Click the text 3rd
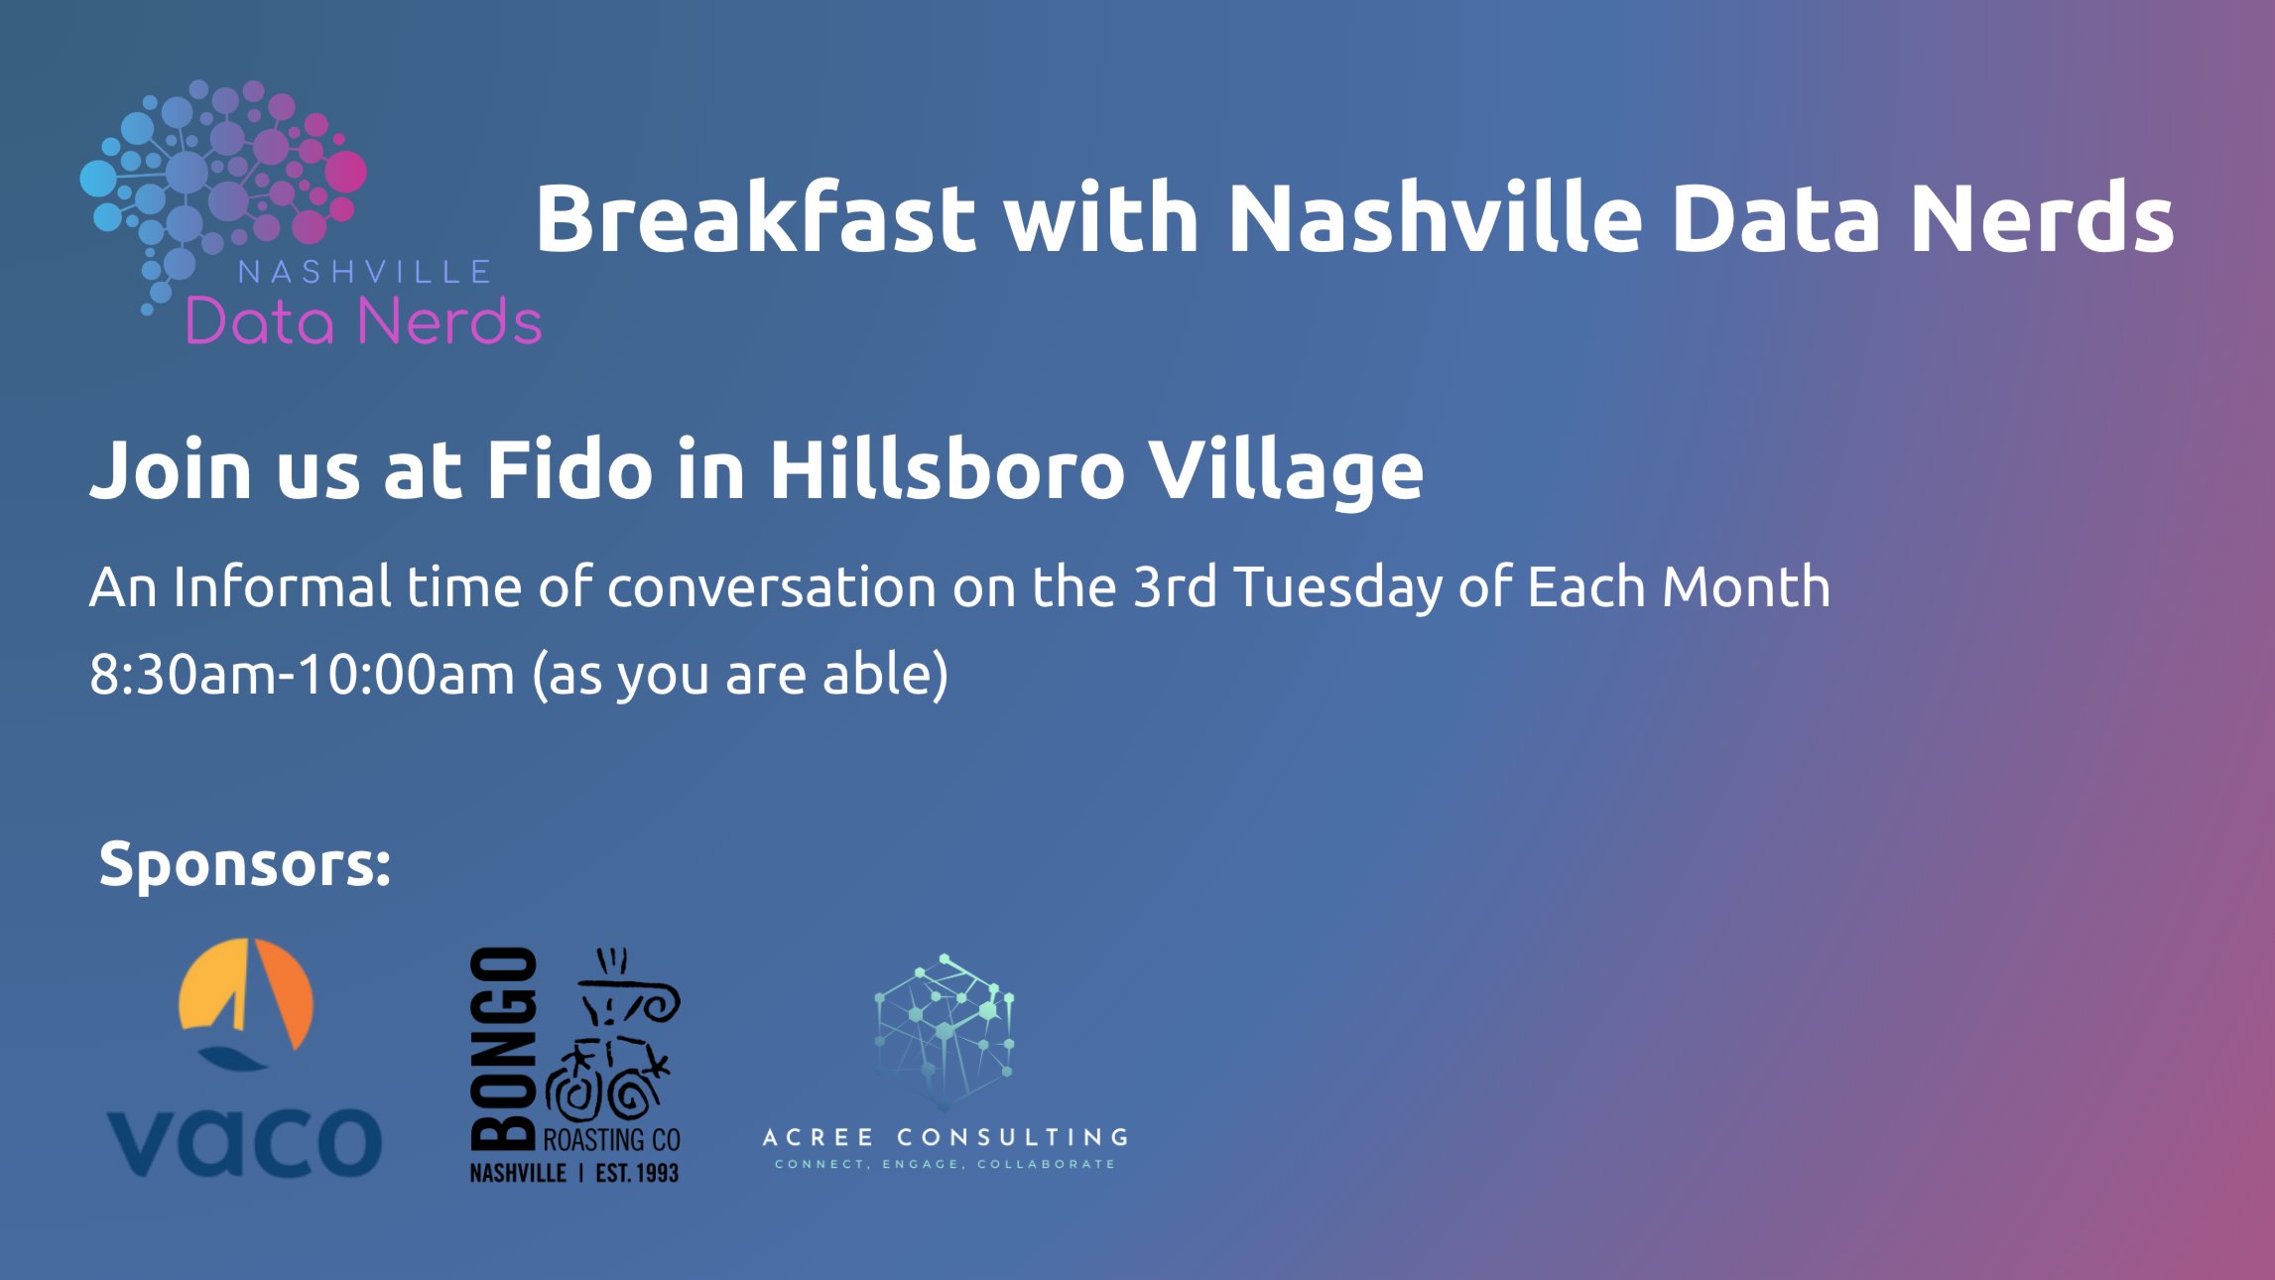pyautogui.click(x=1175, y=586)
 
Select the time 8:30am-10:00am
pyautogui.click(x=303, y=674)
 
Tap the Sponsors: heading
pyautogui.click(x=245, y=863)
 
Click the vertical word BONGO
pyautogui.click(x=504, y=1049)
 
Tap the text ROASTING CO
pyautogui.click(x=611, y=1140)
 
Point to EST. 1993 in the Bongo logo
pyautogui.click(x=637, y=1173)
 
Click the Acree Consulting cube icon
pyautogui.click(x=945, y=1032)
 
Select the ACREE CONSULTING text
pyautogui.click(x=946, y=1137)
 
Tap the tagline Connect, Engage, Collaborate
pyautogui.click(x=946, y=1164)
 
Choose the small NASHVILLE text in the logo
pyautogui.click(x=364, y=272)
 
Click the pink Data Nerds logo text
pyautogui.click(x=364, y=321)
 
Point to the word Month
pyautogui.click(x=1746, y=586)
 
